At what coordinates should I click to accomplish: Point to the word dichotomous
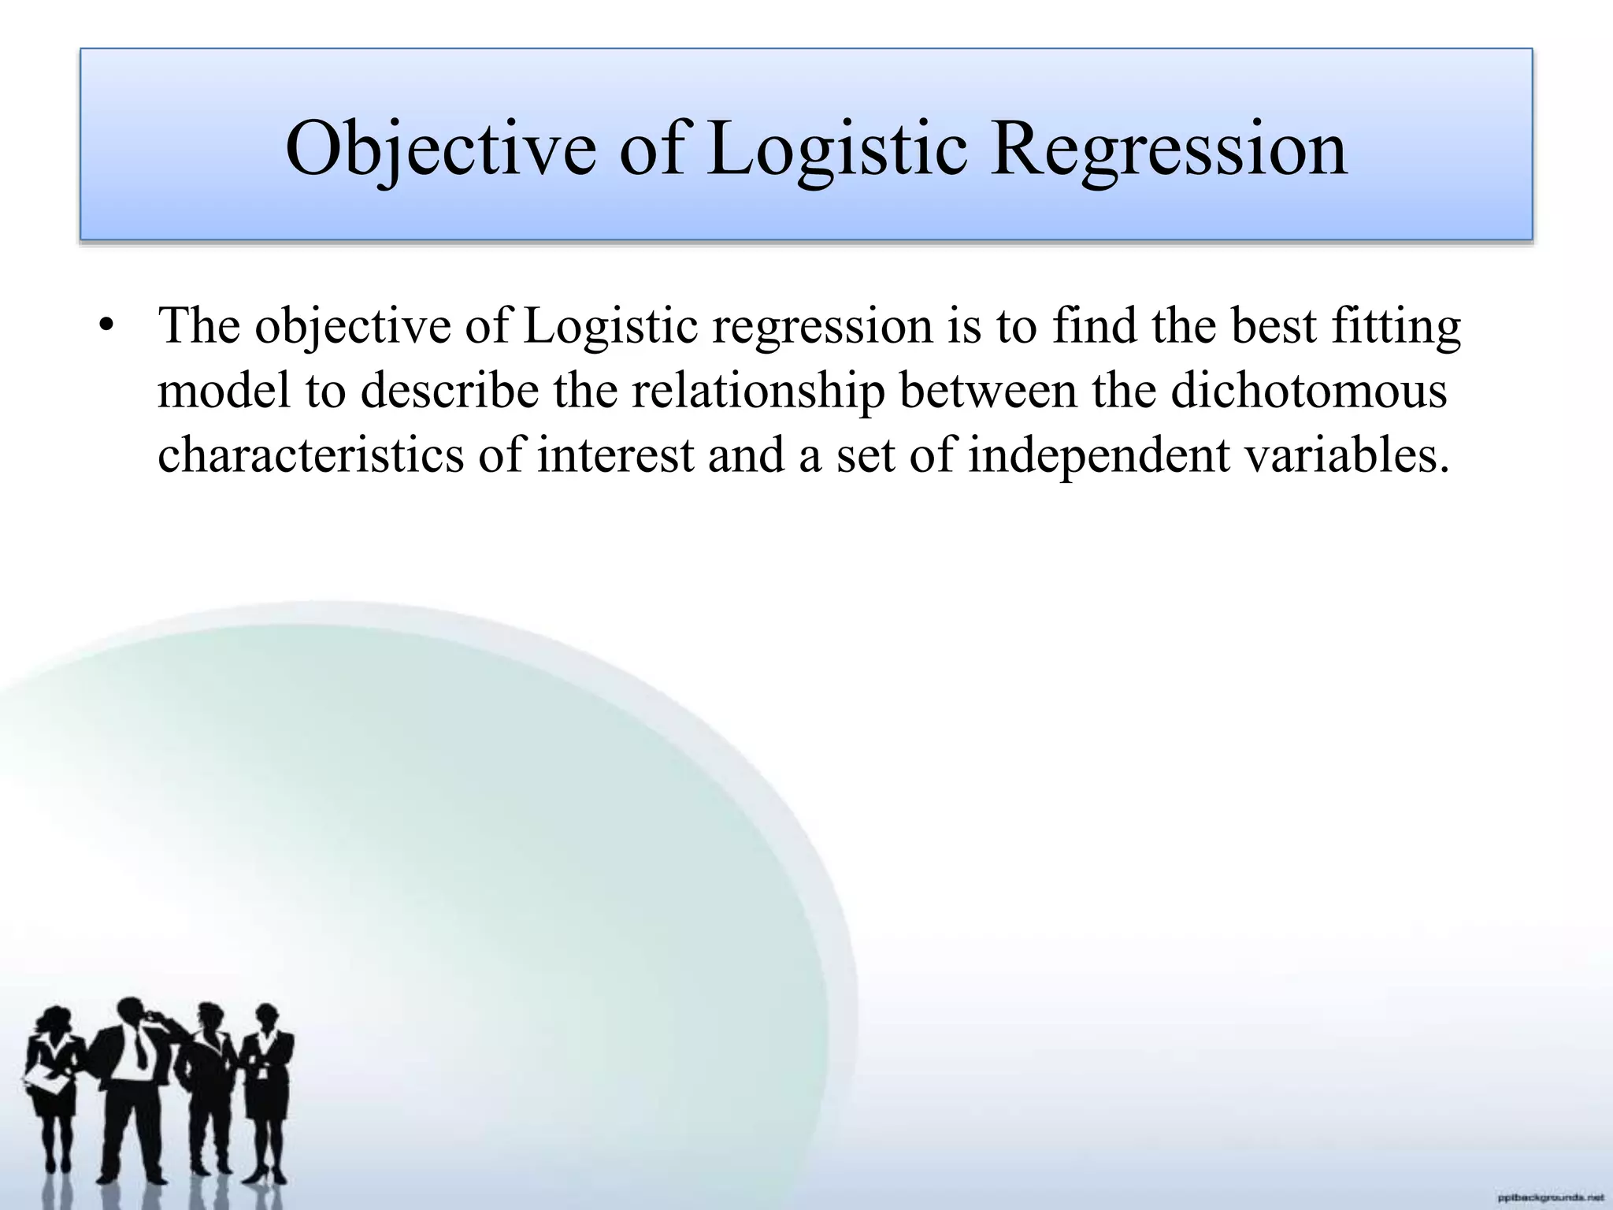[1308, 390]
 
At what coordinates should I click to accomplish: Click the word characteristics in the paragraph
[310, 455]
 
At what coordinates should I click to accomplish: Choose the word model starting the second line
[224, 390]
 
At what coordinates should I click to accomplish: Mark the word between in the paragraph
[988, 390]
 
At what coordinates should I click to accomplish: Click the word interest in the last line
[615, 455]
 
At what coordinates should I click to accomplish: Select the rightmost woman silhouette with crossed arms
[264, 1087]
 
